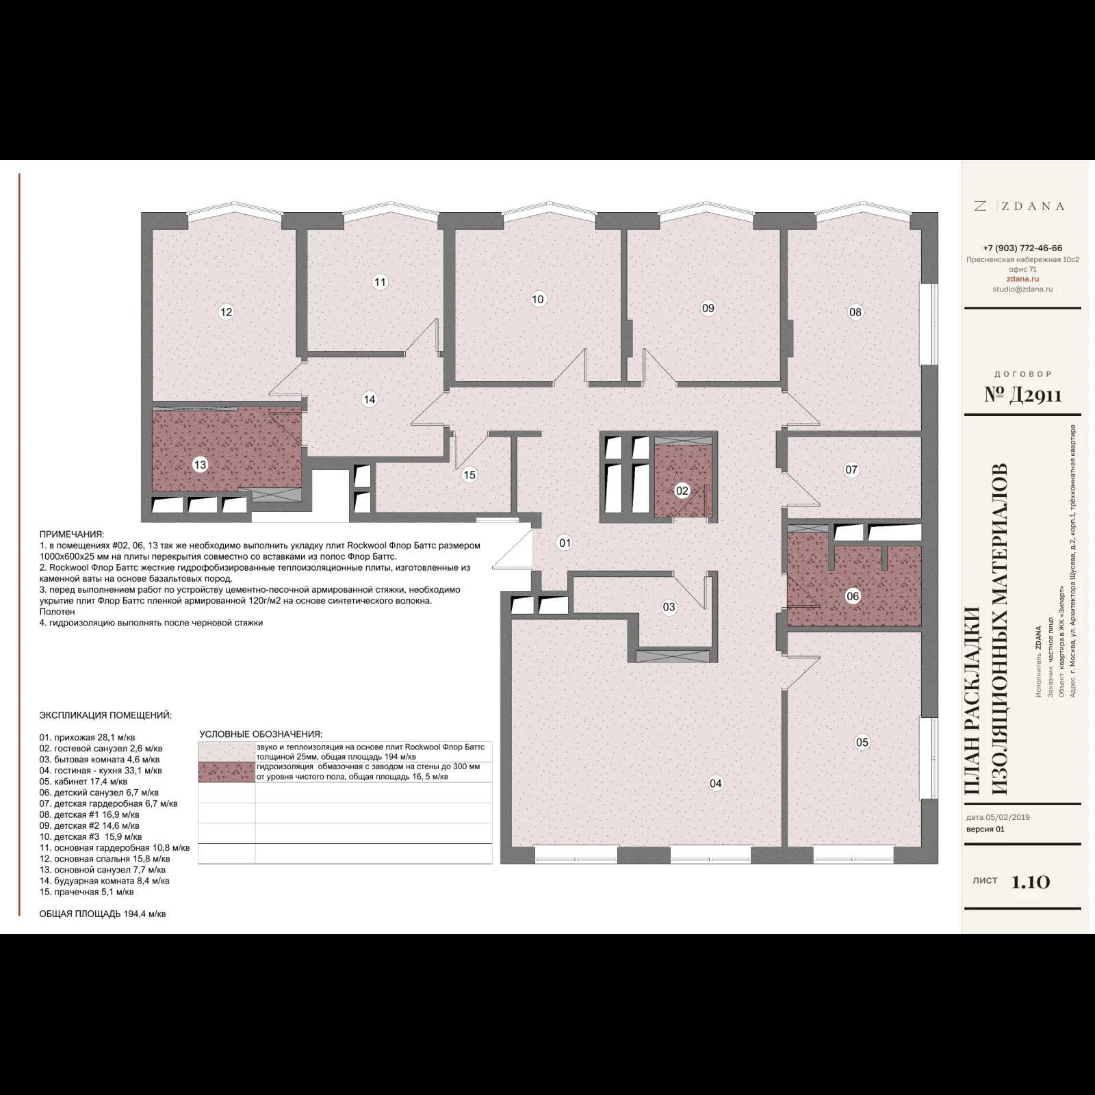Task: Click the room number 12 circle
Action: click(x=226, y=312)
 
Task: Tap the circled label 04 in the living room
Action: click(x=715, y=783)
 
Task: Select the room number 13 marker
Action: click(x=200, y=465)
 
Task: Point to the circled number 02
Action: click(x=682, y=491)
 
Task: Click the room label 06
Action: click(x=853, y=596)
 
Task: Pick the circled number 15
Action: click(x=469, y=475)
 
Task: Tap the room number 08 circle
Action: click(x=855, y=312)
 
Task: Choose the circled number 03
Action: click(x=669, y=606)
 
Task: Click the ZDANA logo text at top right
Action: click(x=1019, y=206)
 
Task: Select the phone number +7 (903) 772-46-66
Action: click(x=1022, y=248)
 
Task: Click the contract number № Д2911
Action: click(x=1022, y=396)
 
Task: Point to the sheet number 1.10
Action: click(x=1031, y=881)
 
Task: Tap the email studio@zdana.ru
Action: click(x=1022, y=289)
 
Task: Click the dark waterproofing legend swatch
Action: click(x=227, y=772)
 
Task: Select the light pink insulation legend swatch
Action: click(x=227, y=752)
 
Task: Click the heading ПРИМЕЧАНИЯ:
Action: click(x=72, y=534)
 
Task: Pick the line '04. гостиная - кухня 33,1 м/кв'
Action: click(x=101, y=771)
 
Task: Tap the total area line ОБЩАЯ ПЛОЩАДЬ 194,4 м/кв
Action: click(x=103, y=914)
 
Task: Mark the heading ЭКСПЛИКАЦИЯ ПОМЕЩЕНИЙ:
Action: click(x=105, y=716)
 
